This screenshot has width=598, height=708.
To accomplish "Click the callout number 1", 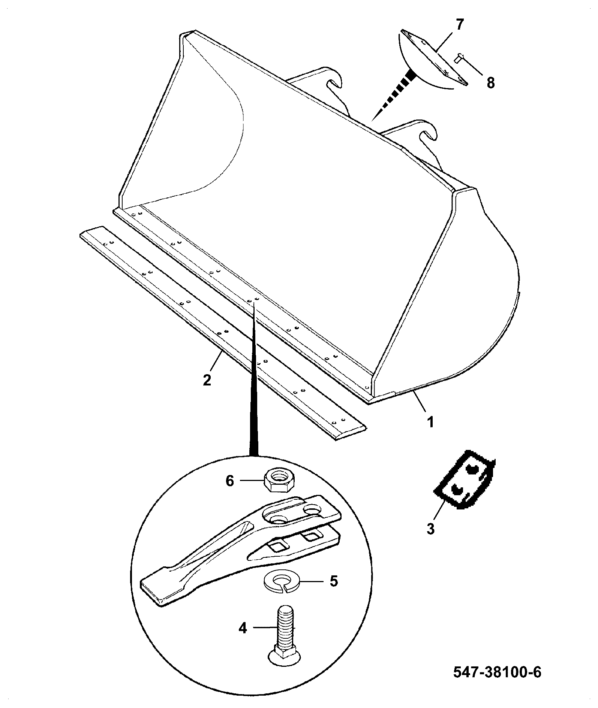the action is coord(430,422).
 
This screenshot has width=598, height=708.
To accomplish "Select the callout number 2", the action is coord(207,379).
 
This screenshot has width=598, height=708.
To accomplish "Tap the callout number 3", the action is coord(431,529).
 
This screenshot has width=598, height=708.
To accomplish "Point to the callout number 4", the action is coord(243,627).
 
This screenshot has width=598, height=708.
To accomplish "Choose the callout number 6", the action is coord(229,481).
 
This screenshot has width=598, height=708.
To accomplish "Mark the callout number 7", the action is coord(460,25).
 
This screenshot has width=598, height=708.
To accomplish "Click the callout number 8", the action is coord(490,82).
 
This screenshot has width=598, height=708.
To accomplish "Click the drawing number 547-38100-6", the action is coord(498,672).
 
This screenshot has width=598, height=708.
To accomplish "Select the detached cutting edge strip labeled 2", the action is coord(222,332).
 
